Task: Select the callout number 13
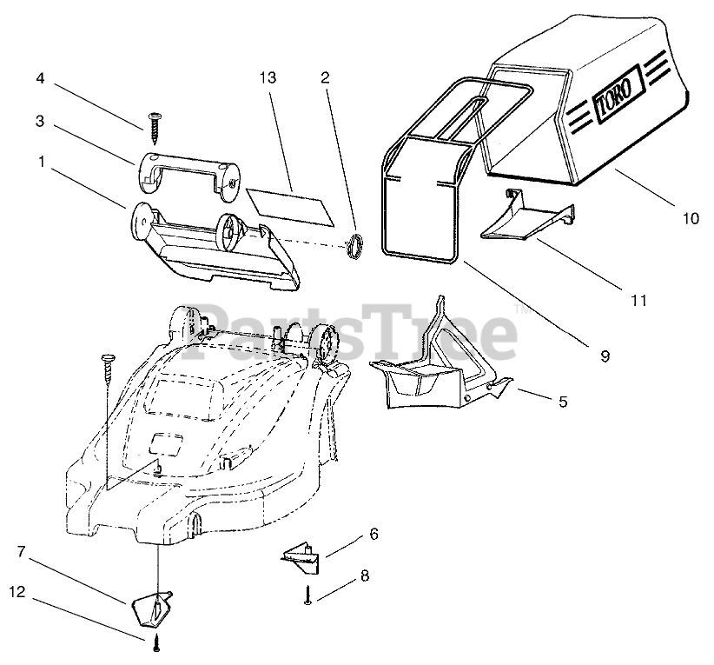(x=267, y=78)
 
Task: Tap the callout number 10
(x=690, y=219)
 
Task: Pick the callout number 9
(x=605, y=356)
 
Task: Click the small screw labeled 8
(x=309, y=596)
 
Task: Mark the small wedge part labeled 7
(x=151, y=608)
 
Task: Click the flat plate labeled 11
(x=526, y=217)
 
